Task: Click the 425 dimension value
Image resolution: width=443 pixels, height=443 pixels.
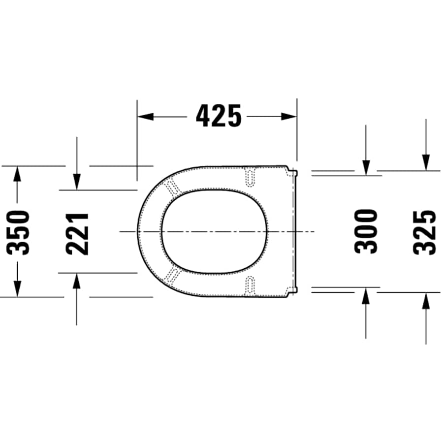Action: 219,116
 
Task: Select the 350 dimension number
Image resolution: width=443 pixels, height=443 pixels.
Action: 18,232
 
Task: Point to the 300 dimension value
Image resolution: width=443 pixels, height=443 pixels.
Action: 366,231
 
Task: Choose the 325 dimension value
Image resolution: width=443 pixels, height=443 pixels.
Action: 425,232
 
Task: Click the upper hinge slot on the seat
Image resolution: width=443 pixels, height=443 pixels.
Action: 251,177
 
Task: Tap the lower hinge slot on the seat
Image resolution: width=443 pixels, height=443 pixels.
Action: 251,285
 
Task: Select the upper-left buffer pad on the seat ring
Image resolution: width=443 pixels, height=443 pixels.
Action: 172,187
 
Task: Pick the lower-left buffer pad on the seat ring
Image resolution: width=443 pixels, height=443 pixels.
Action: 172,276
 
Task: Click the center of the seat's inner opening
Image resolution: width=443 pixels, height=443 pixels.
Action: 215,231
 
